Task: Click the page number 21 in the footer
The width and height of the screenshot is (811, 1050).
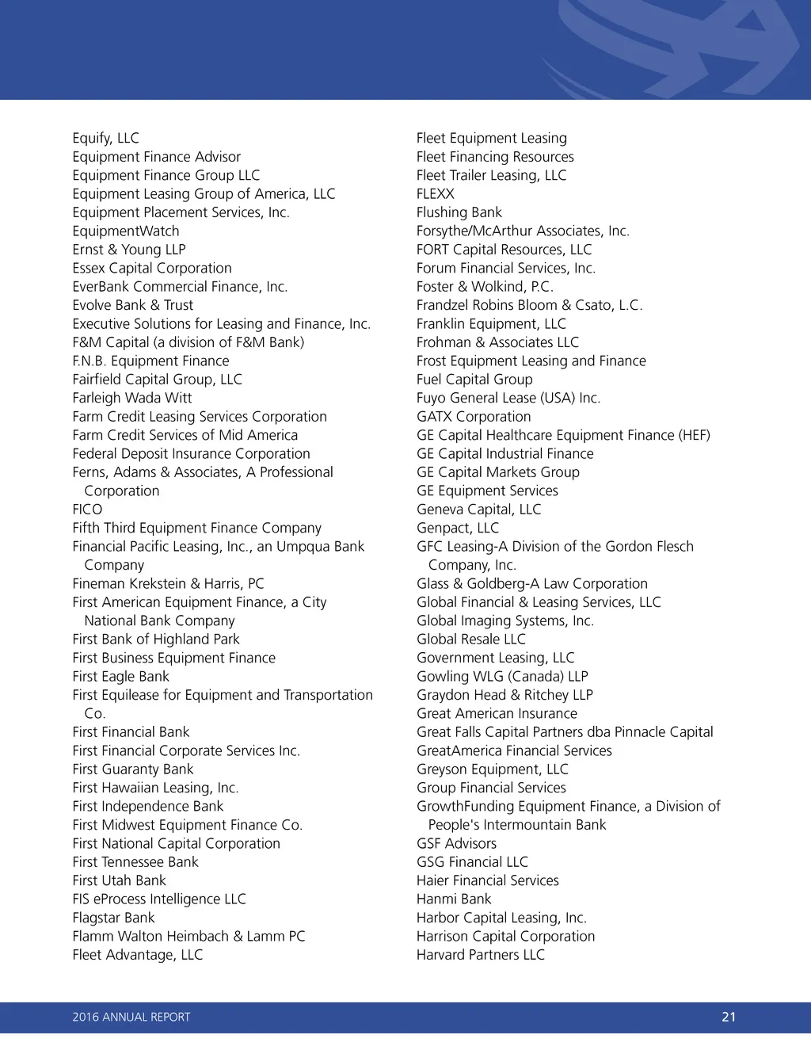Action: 729,1017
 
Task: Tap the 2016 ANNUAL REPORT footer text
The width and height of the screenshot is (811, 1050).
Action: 131,1017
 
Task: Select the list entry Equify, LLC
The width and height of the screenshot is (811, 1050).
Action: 105,138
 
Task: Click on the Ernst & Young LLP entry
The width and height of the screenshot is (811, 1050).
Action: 129,250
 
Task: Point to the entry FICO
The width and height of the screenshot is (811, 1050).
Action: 87,510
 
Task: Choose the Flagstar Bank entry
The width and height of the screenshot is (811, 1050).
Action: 113,918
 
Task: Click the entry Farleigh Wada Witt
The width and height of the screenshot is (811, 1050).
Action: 132,398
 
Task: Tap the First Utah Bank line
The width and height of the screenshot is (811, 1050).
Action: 119,880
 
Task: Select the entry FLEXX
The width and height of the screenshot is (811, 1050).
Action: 436,194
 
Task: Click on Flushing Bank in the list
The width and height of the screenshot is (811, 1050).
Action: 459,212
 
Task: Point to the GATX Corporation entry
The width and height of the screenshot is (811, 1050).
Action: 474,417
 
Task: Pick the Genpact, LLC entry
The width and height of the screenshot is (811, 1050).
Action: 458,528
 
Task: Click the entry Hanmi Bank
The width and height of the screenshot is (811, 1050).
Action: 454,899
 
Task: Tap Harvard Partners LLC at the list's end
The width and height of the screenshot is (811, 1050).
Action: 481,955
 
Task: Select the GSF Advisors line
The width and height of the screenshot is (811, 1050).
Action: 457,843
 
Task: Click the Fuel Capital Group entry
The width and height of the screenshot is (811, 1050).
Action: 474,380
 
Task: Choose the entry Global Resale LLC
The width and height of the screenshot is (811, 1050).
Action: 471,640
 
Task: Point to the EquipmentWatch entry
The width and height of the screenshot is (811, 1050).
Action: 126,231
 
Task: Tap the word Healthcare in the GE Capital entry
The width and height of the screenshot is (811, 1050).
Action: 524,435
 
